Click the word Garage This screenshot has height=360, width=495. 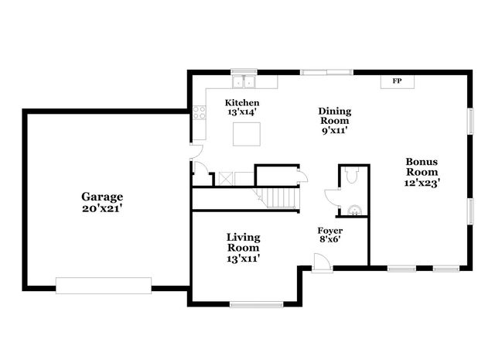pyautogui.click(x=104, y=197)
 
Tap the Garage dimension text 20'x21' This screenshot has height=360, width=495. pyautogui.click(x=104, y=208)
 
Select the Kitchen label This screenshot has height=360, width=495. pyautogui.click(x=242, y=103)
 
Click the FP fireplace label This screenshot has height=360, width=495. pyautogui.click(x=397, y=81)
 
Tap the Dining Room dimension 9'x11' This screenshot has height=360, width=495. pyautogui.click(x=334, y=131)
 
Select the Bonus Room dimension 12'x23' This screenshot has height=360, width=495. pyautogui.click(x=422, y=183)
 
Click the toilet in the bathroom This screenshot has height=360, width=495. pyautogui.click(x=353, y=176)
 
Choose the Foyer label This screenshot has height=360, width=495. pyautogui.click(x=330, y=231)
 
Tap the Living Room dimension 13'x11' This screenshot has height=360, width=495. pyautogui.click(x=243, y=259)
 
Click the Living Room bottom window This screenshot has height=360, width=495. pyautogui.click(x=257, y=303)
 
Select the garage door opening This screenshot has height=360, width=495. pyautogui.click(x=104, y=286)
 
